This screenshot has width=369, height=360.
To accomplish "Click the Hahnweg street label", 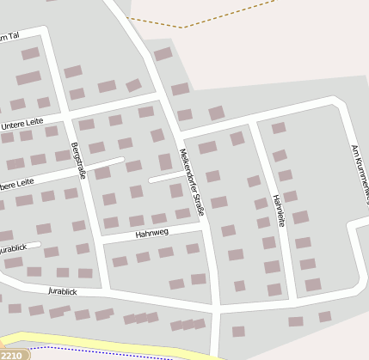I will point(152,233).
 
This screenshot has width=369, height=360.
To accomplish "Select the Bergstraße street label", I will point(79,160).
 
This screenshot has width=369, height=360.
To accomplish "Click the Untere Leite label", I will point(22,125).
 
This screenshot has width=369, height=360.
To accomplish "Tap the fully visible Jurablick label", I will point(63,291).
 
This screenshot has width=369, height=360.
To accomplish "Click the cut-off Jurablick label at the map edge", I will point(12,248).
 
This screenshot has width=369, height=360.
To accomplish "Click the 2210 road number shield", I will point(11,354).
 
